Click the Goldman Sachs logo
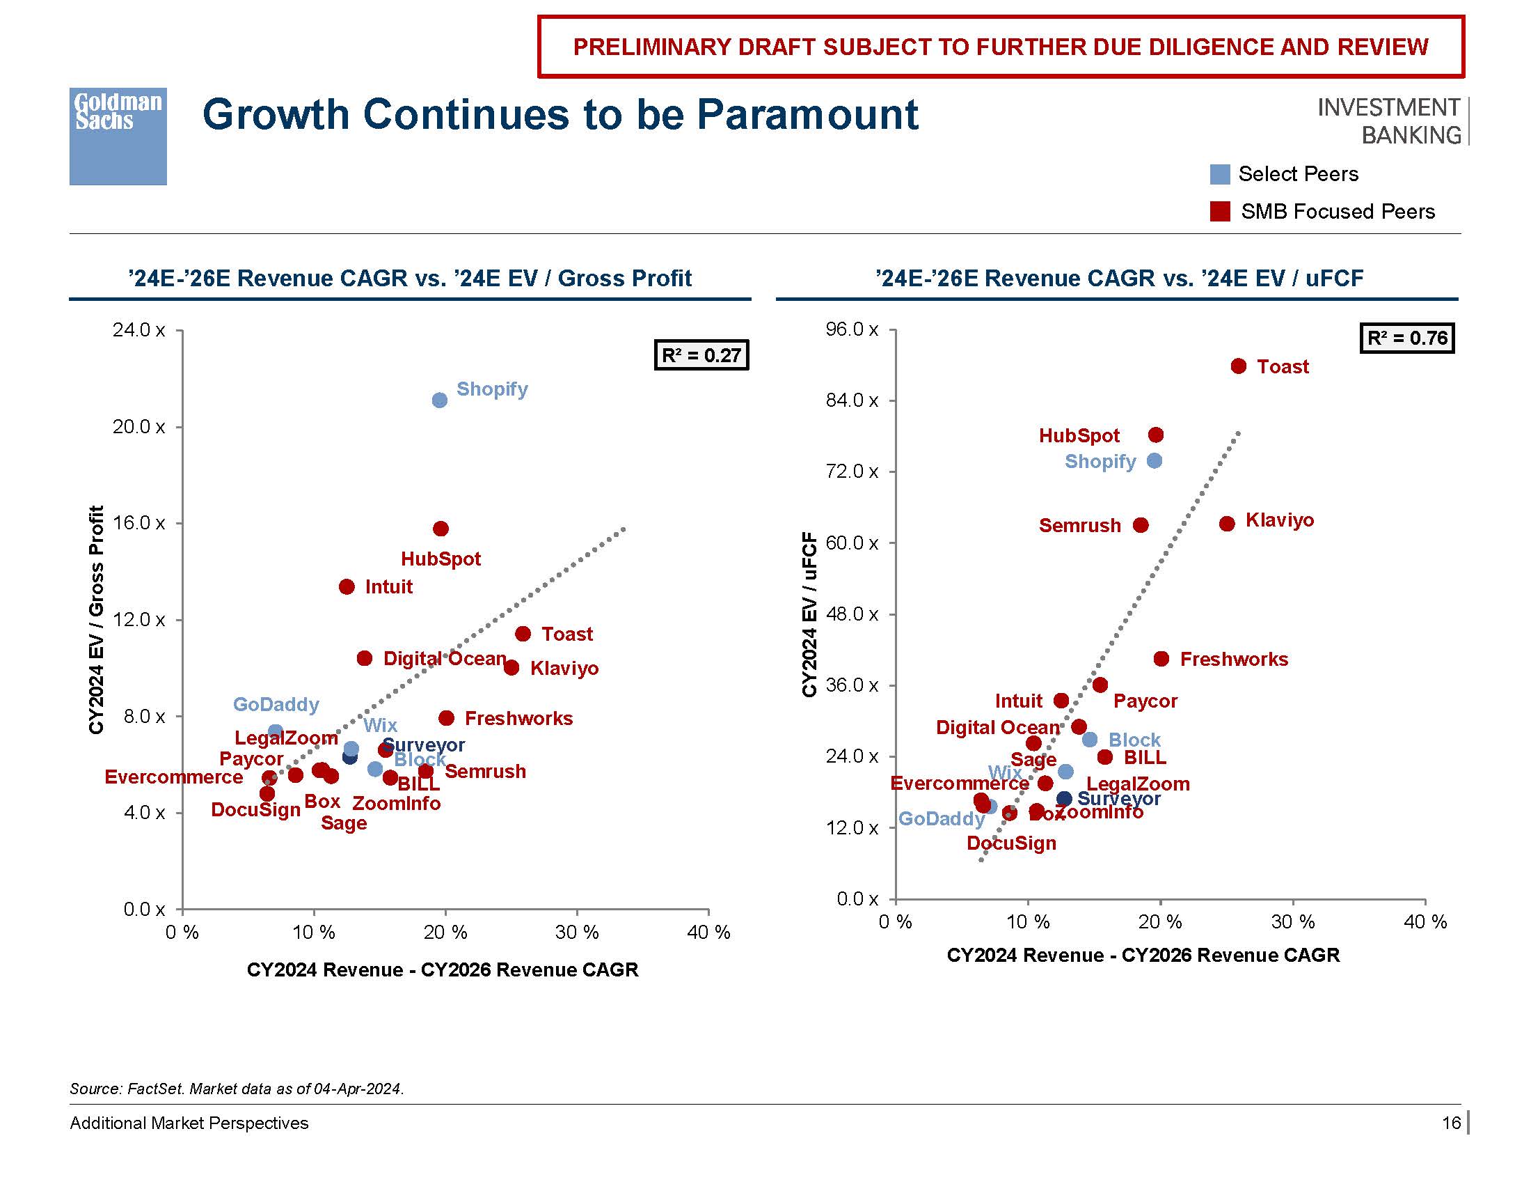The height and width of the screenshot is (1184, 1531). point(118,136)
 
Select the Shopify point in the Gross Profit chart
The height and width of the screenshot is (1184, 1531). point(440,400)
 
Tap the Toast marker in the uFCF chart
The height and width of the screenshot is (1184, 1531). point(1239,366)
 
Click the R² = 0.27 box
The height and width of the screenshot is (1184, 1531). point(701,355)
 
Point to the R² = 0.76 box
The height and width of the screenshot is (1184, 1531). point(1407,338)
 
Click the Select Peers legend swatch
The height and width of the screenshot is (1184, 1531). point(1220,175)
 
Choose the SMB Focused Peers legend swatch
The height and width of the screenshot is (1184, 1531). point(1220,212)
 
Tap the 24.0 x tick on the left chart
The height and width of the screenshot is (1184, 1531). point(138,329)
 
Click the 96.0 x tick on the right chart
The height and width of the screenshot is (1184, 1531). point(852,329)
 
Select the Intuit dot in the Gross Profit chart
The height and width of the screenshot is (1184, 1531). point(347,586)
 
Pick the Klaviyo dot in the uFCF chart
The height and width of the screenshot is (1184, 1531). point(1227,524)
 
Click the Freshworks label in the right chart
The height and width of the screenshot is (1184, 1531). point(1234,660)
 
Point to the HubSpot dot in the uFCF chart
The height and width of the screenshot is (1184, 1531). point(1156,435)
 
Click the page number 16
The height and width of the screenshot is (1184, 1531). point(1450,1123)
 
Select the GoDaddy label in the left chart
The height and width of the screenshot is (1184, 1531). point(276,704)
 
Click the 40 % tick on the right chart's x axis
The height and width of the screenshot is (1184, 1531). point(1425,921)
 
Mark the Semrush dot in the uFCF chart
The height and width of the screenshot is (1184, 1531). point(1141,525)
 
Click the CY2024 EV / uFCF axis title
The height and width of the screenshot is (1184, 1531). point(809,614)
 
